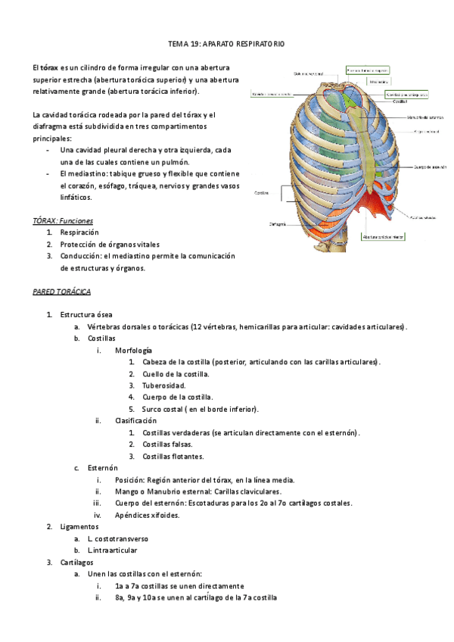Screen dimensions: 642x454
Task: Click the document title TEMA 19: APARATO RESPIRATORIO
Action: coord(226,45)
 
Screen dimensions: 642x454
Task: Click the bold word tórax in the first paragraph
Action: coord(49,67)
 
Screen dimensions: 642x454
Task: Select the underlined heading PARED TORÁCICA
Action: coord(62,291)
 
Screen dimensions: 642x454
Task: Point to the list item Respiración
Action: coord(80,232)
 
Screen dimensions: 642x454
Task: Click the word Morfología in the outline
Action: coord(133,351)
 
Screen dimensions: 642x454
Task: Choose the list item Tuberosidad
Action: coord(164,385)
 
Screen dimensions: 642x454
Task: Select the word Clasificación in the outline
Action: coord(136,420)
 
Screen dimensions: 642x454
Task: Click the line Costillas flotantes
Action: coord(173,457)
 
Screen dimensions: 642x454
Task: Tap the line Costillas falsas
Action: coord(167,444)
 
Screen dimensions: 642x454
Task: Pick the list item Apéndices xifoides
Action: coord(148,515)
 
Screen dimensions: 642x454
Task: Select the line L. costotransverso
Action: coord(118,538)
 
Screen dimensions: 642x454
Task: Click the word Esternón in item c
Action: coord(102,468)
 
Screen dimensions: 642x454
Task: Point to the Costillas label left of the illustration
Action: coord(261,192)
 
